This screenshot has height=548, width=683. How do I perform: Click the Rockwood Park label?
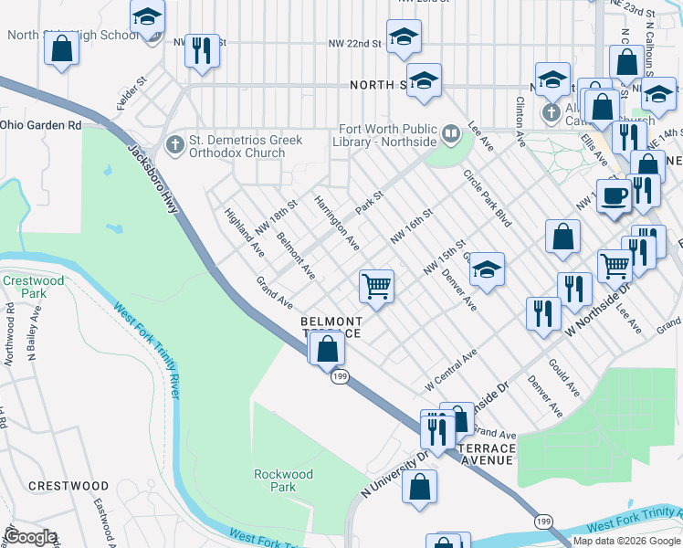[283, 480]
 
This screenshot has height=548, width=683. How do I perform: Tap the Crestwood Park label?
[34, 288]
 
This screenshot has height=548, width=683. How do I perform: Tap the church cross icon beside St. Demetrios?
[173, 145]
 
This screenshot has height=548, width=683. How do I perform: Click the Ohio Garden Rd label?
[40, 124]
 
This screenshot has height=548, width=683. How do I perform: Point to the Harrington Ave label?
[337, 221]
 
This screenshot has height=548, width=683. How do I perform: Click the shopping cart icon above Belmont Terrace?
[376, 286]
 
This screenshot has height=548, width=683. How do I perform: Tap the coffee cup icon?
[615, 195]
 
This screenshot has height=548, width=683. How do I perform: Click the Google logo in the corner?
[31, 537]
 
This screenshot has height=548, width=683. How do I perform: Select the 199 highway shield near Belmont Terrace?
[339, 377]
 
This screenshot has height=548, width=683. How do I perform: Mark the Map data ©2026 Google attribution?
[626, 541]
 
